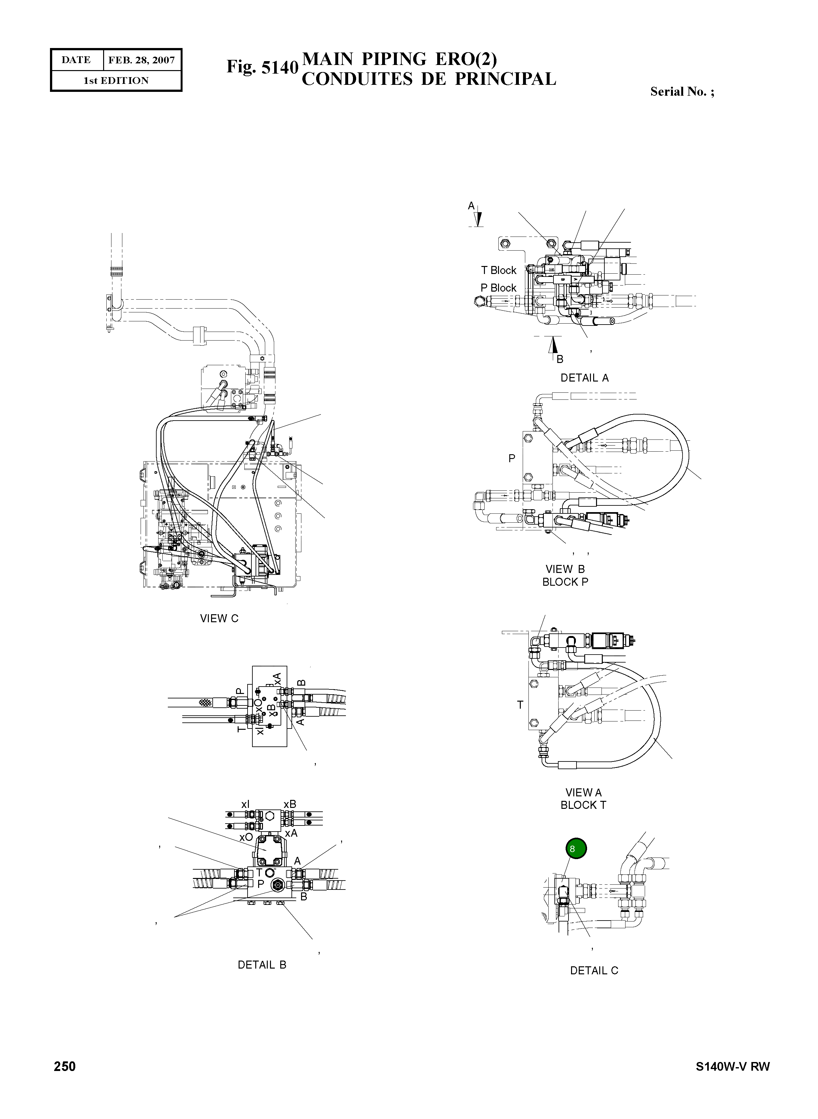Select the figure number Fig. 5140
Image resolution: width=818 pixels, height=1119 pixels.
[262, 67]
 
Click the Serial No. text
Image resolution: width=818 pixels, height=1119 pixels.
[681, 92]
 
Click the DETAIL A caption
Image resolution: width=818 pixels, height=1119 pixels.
[584, 378]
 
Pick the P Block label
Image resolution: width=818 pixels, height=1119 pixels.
[498, 287]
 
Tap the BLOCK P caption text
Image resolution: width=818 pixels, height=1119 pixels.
[565, 582]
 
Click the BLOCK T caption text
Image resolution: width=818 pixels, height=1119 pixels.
[583, 805]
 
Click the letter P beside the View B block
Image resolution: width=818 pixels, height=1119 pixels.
[512, 459]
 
